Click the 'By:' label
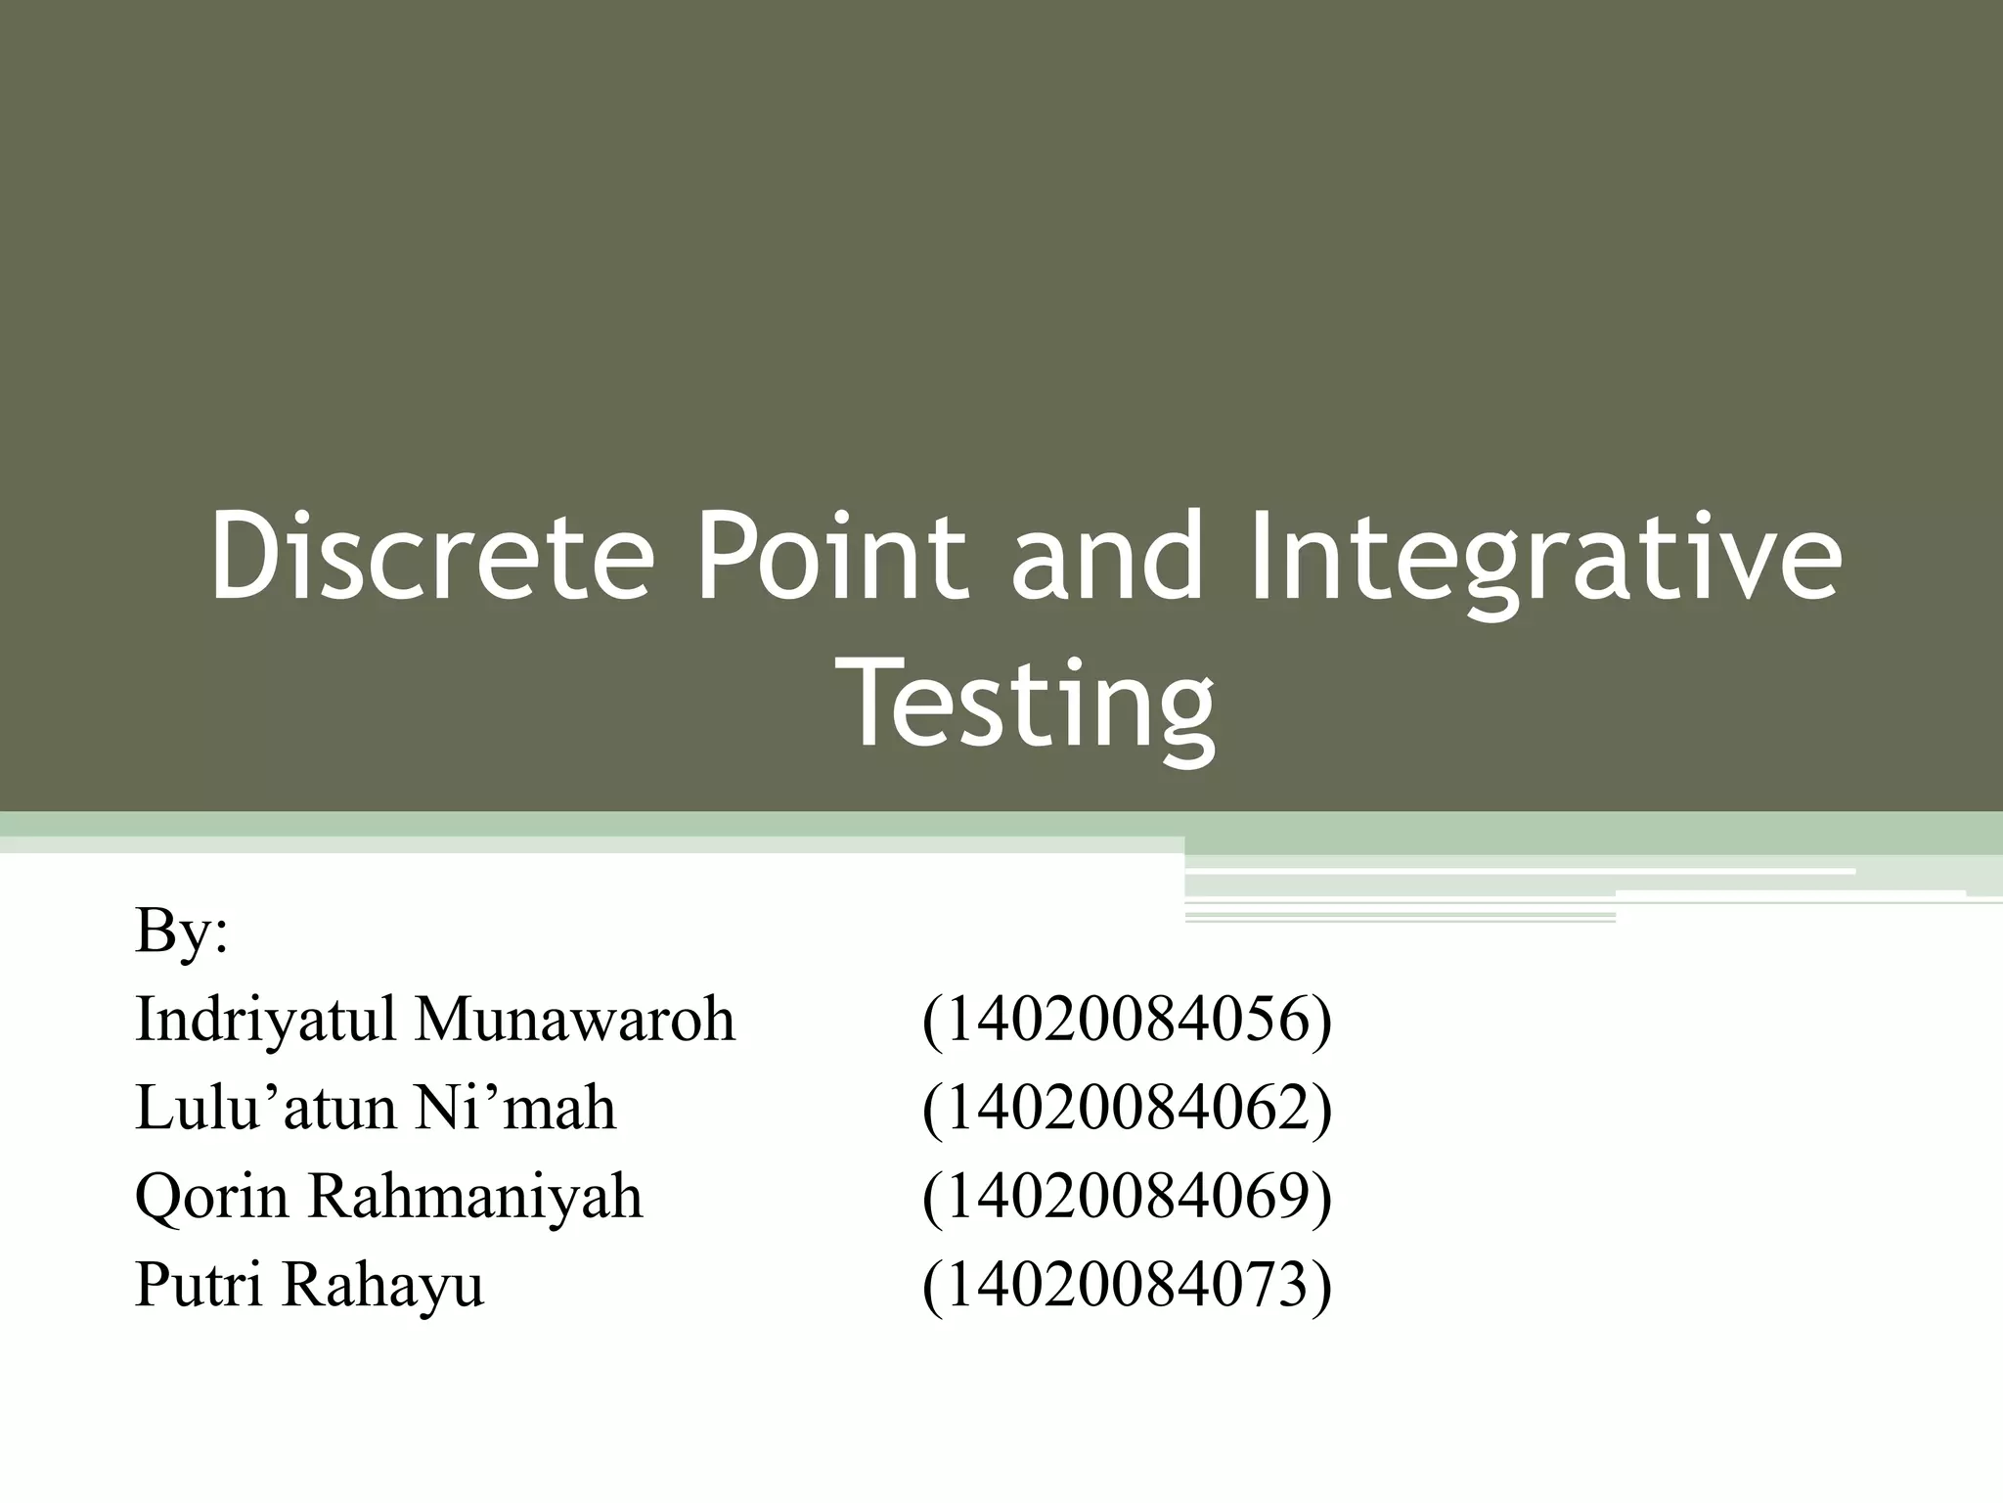pos(182,931)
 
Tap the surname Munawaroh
pos(575,1019)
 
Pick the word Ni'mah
pos(515,1108)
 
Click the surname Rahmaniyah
pos(476,1197)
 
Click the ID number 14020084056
pos(1127,1020)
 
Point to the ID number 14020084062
pos(1127,1108)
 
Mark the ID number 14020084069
pos(1127,1197)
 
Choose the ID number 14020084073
pos(1127,1285)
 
